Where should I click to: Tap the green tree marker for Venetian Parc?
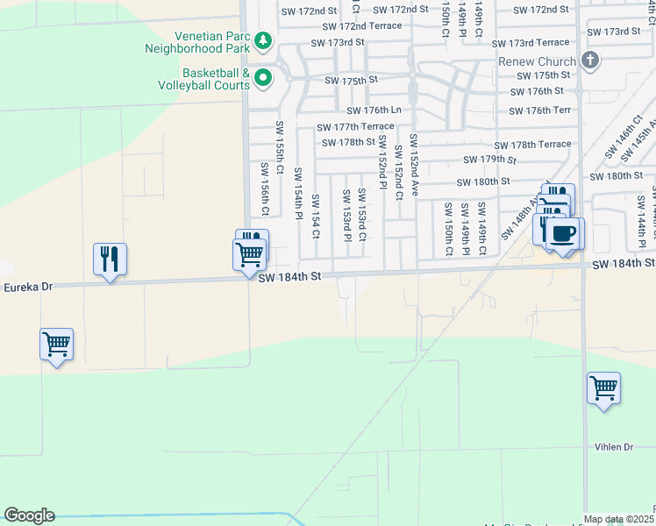point(262,41)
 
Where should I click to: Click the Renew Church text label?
point(537,61)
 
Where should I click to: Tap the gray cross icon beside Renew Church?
point(590,60)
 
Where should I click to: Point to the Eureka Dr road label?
point(29,287)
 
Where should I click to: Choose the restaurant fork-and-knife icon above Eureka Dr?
point(110,259)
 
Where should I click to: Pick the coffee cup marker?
point(564,234)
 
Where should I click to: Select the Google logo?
point(29,515)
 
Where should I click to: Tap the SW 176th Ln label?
point(373,110)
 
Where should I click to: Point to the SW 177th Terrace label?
point(355,127)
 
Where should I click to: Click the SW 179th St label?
point(489,160)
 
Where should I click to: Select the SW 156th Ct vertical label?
point(264,188)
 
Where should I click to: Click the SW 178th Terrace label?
point(532,145)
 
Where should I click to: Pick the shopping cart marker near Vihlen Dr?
point(603,387)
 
